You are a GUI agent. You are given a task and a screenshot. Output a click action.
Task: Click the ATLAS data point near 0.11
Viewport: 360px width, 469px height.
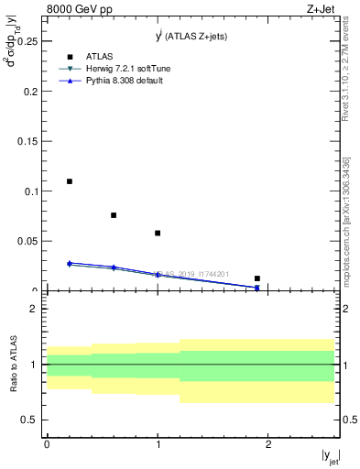(70, 181)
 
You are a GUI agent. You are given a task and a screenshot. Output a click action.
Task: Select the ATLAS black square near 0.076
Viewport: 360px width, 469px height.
(114, 215)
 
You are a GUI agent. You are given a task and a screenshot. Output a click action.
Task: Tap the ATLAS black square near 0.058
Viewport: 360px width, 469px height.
(158, 233)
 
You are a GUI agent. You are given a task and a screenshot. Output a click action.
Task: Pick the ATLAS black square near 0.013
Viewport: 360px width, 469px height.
(257, 278)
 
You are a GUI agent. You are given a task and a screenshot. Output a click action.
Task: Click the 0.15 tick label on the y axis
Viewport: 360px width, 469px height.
(27, 142)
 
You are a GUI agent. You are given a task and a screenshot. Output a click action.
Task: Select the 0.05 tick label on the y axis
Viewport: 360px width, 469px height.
(27, 241)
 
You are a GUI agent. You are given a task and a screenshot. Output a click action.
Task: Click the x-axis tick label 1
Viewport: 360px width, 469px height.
(158, 443)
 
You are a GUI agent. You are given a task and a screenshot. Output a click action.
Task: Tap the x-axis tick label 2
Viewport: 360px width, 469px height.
(268, 443)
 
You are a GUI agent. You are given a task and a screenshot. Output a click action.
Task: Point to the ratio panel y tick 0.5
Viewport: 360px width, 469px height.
(30, 420)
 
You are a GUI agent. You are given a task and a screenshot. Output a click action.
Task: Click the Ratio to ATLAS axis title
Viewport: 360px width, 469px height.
(13, 365)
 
